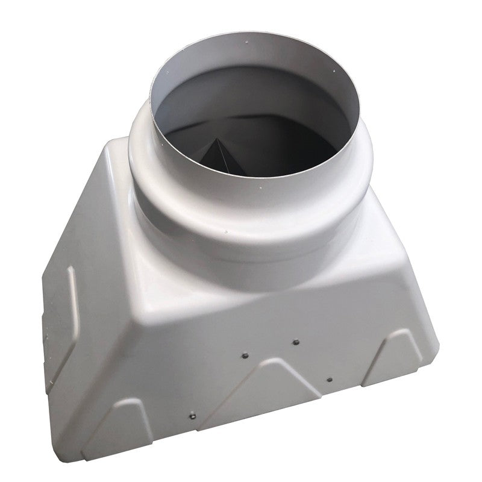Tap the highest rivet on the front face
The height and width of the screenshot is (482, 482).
[295, 342]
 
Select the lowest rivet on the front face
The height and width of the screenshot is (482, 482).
[192, 415]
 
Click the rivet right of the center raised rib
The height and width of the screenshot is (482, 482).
[329, 380]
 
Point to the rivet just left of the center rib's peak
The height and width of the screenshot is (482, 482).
[245, 355]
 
